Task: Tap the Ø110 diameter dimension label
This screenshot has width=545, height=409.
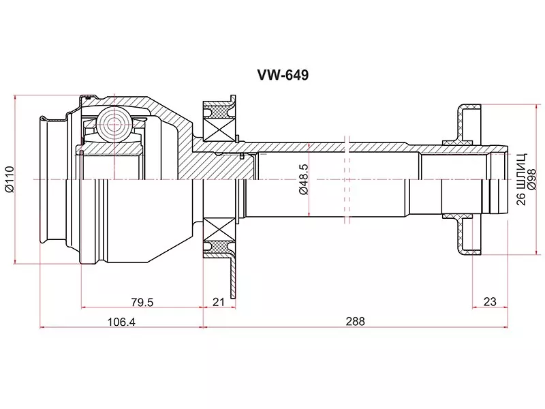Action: pos(8,179)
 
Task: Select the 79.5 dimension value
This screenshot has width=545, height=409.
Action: pos(141,301)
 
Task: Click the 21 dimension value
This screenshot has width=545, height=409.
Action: pos(219,301)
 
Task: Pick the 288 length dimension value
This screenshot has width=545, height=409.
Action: pos(355,321)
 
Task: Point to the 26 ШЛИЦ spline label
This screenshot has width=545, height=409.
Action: pos(521,179)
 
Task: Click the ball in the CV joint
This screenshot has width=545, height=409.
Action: pos(112,123)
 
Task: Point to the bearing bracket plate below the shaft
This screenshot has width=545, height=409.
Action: pos(233,273)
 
